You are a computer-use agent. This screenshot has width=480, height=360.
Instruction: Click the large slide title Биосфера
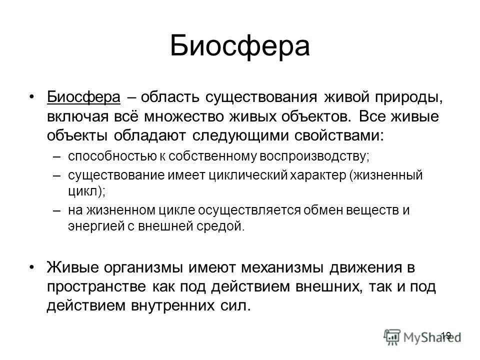239,46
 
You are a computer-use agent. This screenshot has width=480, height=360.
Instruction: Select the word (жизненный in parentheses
386,176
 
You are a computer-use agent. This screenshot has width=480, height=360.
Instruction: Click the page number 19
446,335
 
